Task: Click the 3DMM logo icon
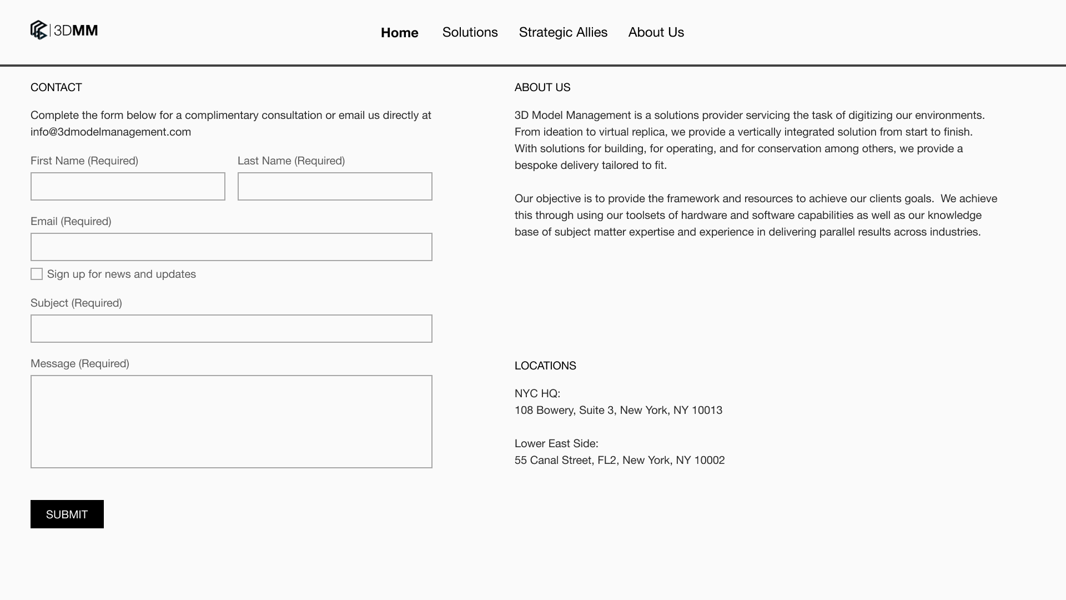point(39,30)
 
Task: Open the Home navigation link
point(399,33)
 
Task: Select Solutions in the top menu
point(470,32)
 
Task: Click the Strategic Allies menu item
point(563,32)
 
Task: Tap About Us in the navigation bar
point(656,32)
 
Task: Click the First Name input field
point(128,186)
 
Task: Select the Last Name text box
point(335,186)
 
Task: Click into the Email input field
point(231,247)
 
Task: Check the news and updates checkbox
point(37,274)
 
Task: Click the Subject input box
point(231,328)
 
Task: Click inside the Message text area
point(231,421)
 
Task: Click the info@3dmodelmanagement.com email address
point(110,132)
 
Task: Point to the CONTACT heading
point(56,87)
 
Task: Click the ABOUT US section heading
point(542,87)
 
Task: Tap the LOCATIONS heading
point(545,366)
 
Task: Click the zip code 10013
point(707,410)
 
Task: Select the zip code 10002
point(709,460)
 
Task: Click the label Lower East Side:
point(556,443)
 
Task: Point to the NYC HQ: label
point(537,393)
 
